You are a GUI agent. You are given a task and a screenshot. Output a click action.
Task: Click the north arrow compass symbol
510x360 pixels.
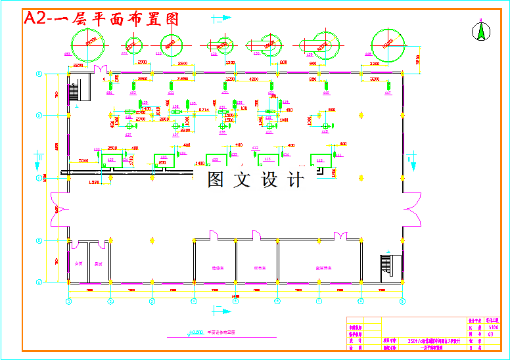click(480, 30)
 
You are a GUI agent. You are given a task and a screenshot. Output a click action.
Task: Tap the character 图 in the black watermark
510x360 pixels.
click(216, 179)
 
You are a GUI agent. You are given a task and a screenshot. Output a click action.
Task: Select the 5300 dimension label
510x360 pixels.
click(83, 160)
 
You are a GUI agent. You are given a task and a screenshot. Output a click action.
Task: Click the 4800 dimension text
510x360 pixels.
click(253, 79)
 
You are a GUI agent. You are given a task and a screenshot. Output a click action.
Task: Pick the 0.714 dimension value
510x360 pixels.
click(204, 109)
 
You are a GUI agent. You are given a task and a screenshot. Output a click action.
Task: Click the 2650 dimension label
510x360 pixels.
click(182, 79)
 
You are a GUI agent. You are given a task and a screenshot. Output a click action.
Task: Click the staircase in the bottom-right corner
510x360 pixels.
click(386, 266)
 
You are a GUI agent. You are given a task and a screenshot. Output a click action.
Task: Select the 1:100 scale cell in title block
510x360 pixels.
click(494, 326)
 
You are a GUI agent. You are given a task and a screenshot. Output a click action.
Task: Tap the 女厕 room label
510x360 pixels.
click(78, 264)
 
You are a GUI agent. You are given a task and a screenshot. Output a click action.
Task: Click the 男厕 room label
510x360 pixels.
click(98, 264)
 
